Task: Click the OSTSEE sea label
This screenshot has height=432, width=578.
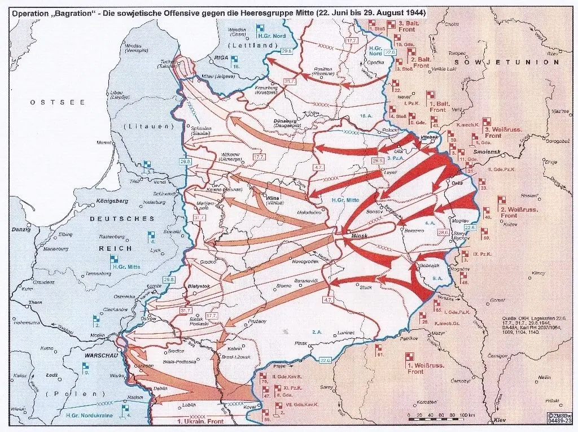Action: coord(58,102)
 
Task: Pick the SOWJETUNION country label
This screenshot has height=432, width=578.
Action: coord(509,62)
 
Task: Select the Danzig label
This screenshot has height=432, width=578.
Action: coord(20,230)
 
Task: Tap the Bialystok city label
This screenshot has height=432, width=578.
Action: coord(199,287)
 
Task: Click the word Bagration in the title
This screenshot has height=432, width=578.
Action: coord(77,11)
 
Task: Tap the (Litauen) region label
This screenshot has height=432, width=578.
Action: coord(149,126)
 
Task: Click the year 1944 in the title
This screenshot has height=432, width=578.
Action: coord(412,11)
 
